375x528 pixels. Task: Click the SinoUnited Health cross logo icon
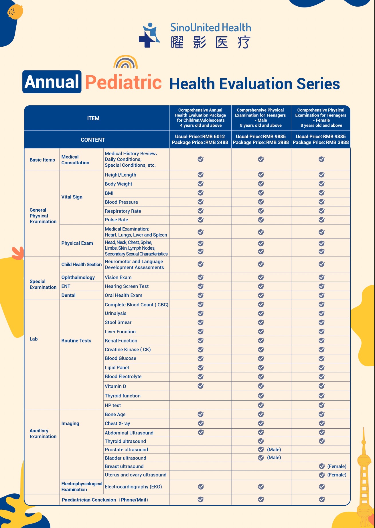pyautogui.click(x=149, y=35)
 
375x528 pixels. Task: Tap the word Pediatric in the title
pyautogui.click(x=123, y=82)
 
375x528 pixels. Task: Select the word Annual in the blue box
pyautogui.click(x=52, y=82)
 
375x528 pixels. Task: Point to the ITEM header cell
pyautogui.click(x=93, y=118)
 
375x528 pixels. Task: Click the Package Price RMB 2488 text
pyautogui.click(x=200, y=142)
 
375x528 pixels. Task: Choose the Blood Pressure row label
pyautogui.click(x=121, y=202)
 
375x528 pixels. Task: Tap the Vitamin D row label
pyautogui.click(x=115, y=386)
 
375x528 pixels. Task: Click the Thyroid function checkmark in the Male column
pyautogui.click(x=261, y=396)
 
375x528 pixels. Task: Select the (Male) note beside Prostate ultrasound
pyautogui.click(x=274, y=450)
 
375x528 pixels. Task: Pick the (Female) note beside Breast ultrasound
pyautogui.click(x=337, y=466)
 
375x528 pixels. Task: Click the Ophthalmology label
pyautogui.click(x=78, y=277)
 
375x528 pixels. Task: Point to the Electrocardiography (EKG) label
pyautogui.click(x=133, y=487)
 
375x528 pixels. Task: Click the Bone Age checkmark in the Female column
pyautogui.click(x=322, y=414)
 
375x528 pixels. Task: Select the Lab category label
pyautogui.click(x=33, y=339)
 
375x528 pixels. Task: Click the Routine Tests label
pyautogui.click(x=76, y=341)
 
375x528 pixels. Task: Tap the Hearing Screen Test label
pyautogui.click(x=127, y=286)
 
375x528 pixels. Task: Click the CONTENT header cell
pyautogui.click(x=93, y=140)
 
